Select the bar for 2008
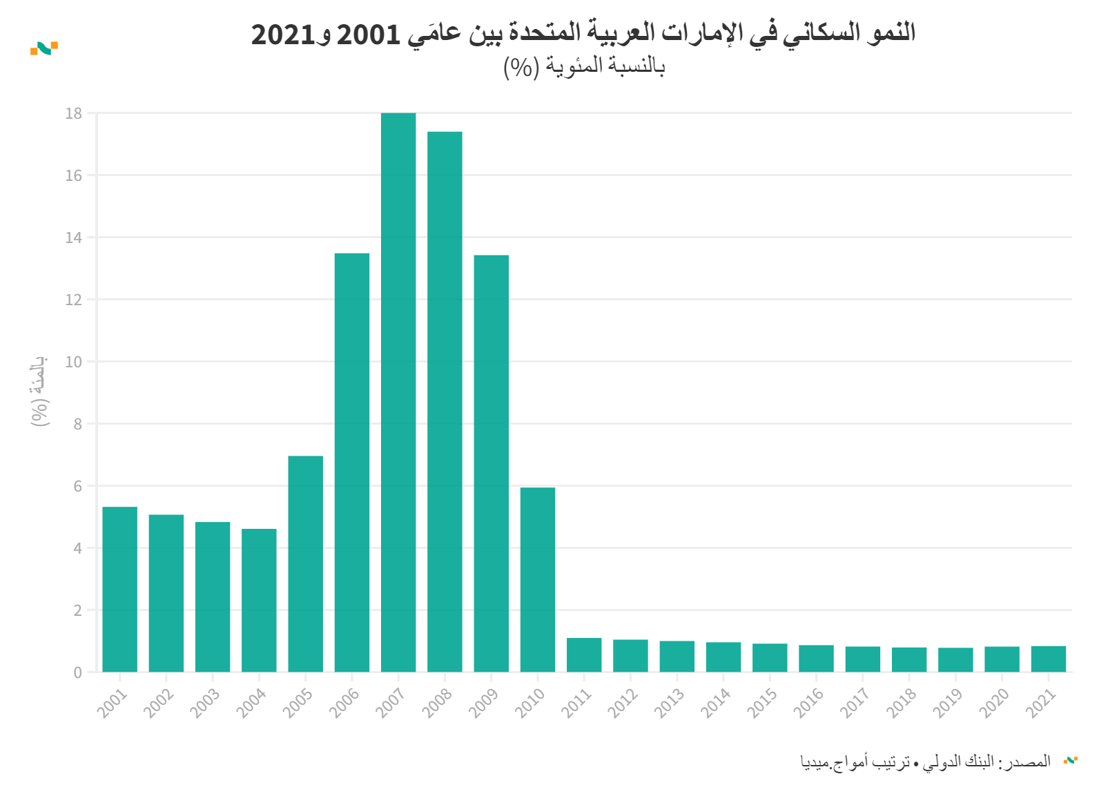click(x=445, y=401)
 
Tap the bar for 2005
click(x=305, y=563)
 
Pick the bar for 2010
click(x=538, y=579)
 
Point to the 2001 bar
click(x=119, y=589)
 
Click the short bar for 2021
click(x=1048, y=659)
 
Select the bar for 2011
click(x=584, y=655)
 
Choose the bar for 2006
click(x=352, y=463)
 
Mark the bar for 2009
click(x=491, y=463)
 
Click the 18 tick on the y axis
click(x=73, y=113)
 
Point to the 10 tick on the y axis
click(x=73, y=362)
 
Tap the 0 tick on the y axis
click(x=77, y=672)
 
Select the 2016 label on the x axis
click(x=808, y=703)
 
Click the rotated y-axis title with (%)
click(x=39, y=391)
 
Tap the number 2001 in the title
click(x=368, y=34)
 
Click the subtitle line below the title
click(x=584, y=67)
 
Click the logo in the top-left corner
click(x=44, y=48)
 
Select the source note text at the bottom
click(x=925, y=762)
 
